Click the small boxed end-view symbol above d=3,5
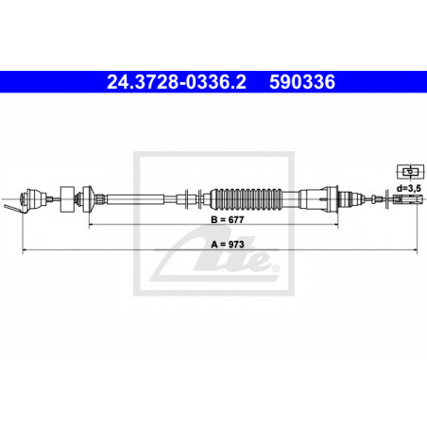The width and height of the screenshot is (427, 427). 410,170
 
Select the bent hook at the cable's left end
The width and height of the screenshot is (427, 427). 12,206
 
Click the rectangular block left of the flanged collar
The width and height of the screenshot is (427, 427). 66,197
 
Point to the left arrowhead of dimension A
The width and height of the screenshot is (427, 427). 23,250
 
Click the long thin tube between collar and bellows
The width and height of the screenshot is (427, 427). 146,198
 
